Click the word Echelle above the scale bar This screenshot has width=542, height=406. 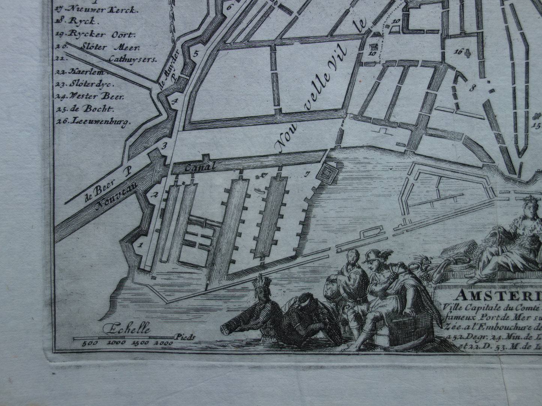tap(129, 330)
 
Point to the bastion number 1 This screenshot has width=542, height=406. tap(140, 245)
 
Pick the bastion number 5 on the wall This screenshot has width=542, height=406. tap(195, 54)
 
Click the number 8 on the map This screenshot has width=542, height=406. tap(471, 88)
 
